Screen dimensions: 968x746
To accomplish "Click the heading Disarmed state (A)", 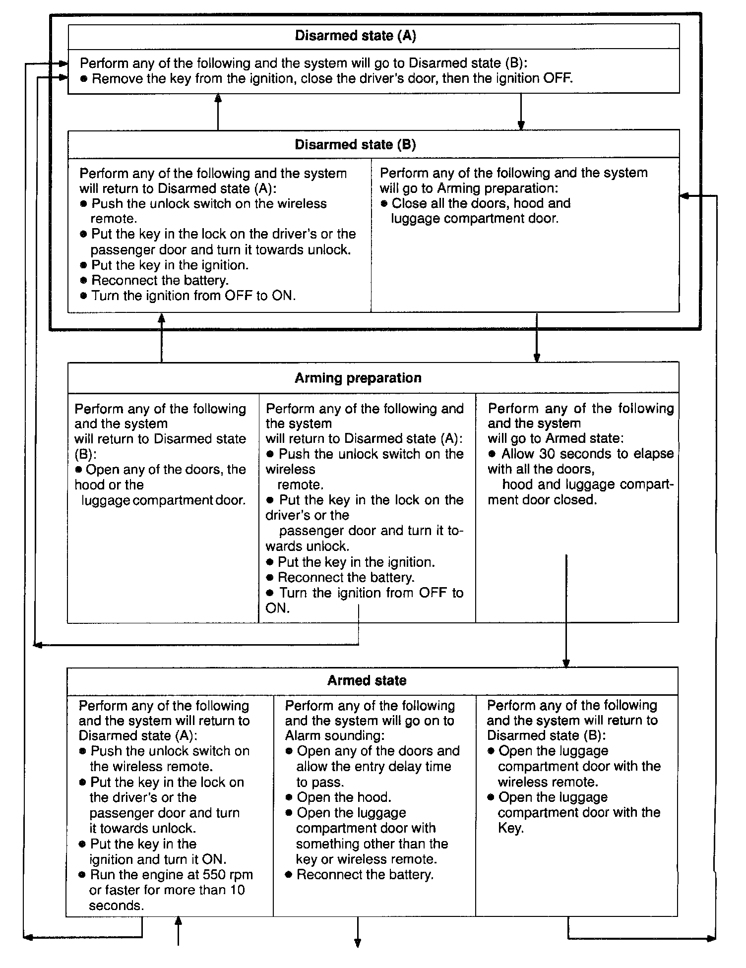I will click(x=355, y=36).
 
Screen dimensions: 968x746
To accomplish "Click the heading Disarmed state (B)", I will click(x=355, y=145).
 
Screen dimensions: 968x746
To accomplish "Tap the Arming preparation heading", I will click(x=358, y=378).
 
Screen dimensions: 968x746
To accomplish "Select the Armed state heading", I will click(x=367, y=680).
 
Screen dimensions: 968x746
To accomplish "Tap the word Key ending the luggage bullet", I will click(x=510, y=828).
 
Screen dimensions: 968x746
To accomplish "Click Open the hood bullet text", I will click(x=344, y=797).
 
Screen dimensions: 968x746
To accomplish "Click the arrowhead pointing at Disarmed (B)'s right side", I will click(x=684, y=196).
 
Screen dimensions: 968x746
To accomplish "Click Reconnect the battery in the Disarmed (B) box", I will click(x=160, y=280).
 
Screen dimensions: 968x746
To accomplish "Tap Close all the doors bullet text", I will click(x=481, y=203).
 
